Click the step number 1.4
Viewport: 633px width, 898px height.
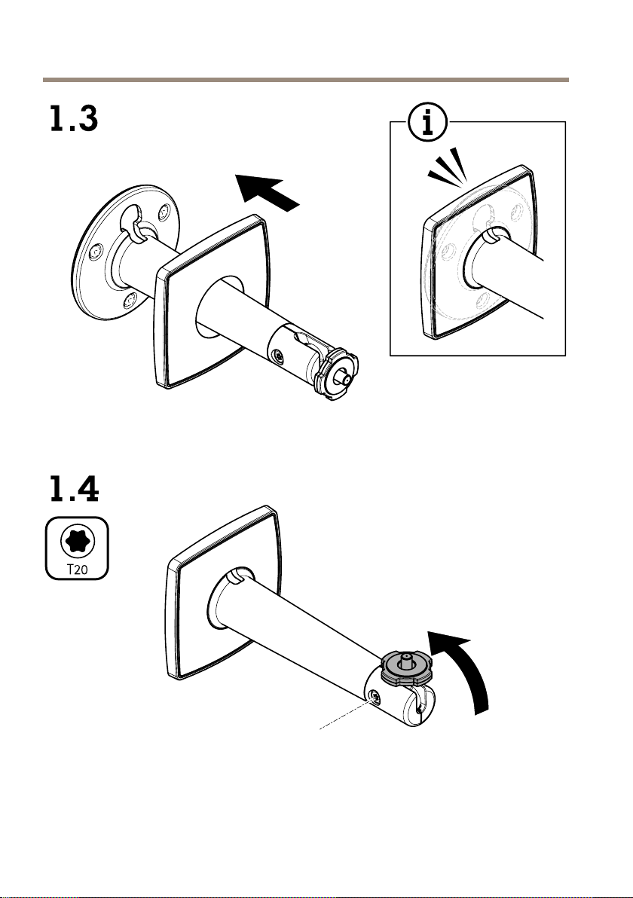(72, 490)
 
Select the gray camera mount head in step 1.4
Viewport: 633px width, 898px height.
(406, 667)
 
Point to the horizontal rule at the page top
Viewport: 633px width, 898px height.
(305, 78)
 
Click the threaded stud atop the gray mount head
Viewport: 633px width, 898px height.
(406, 658)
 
